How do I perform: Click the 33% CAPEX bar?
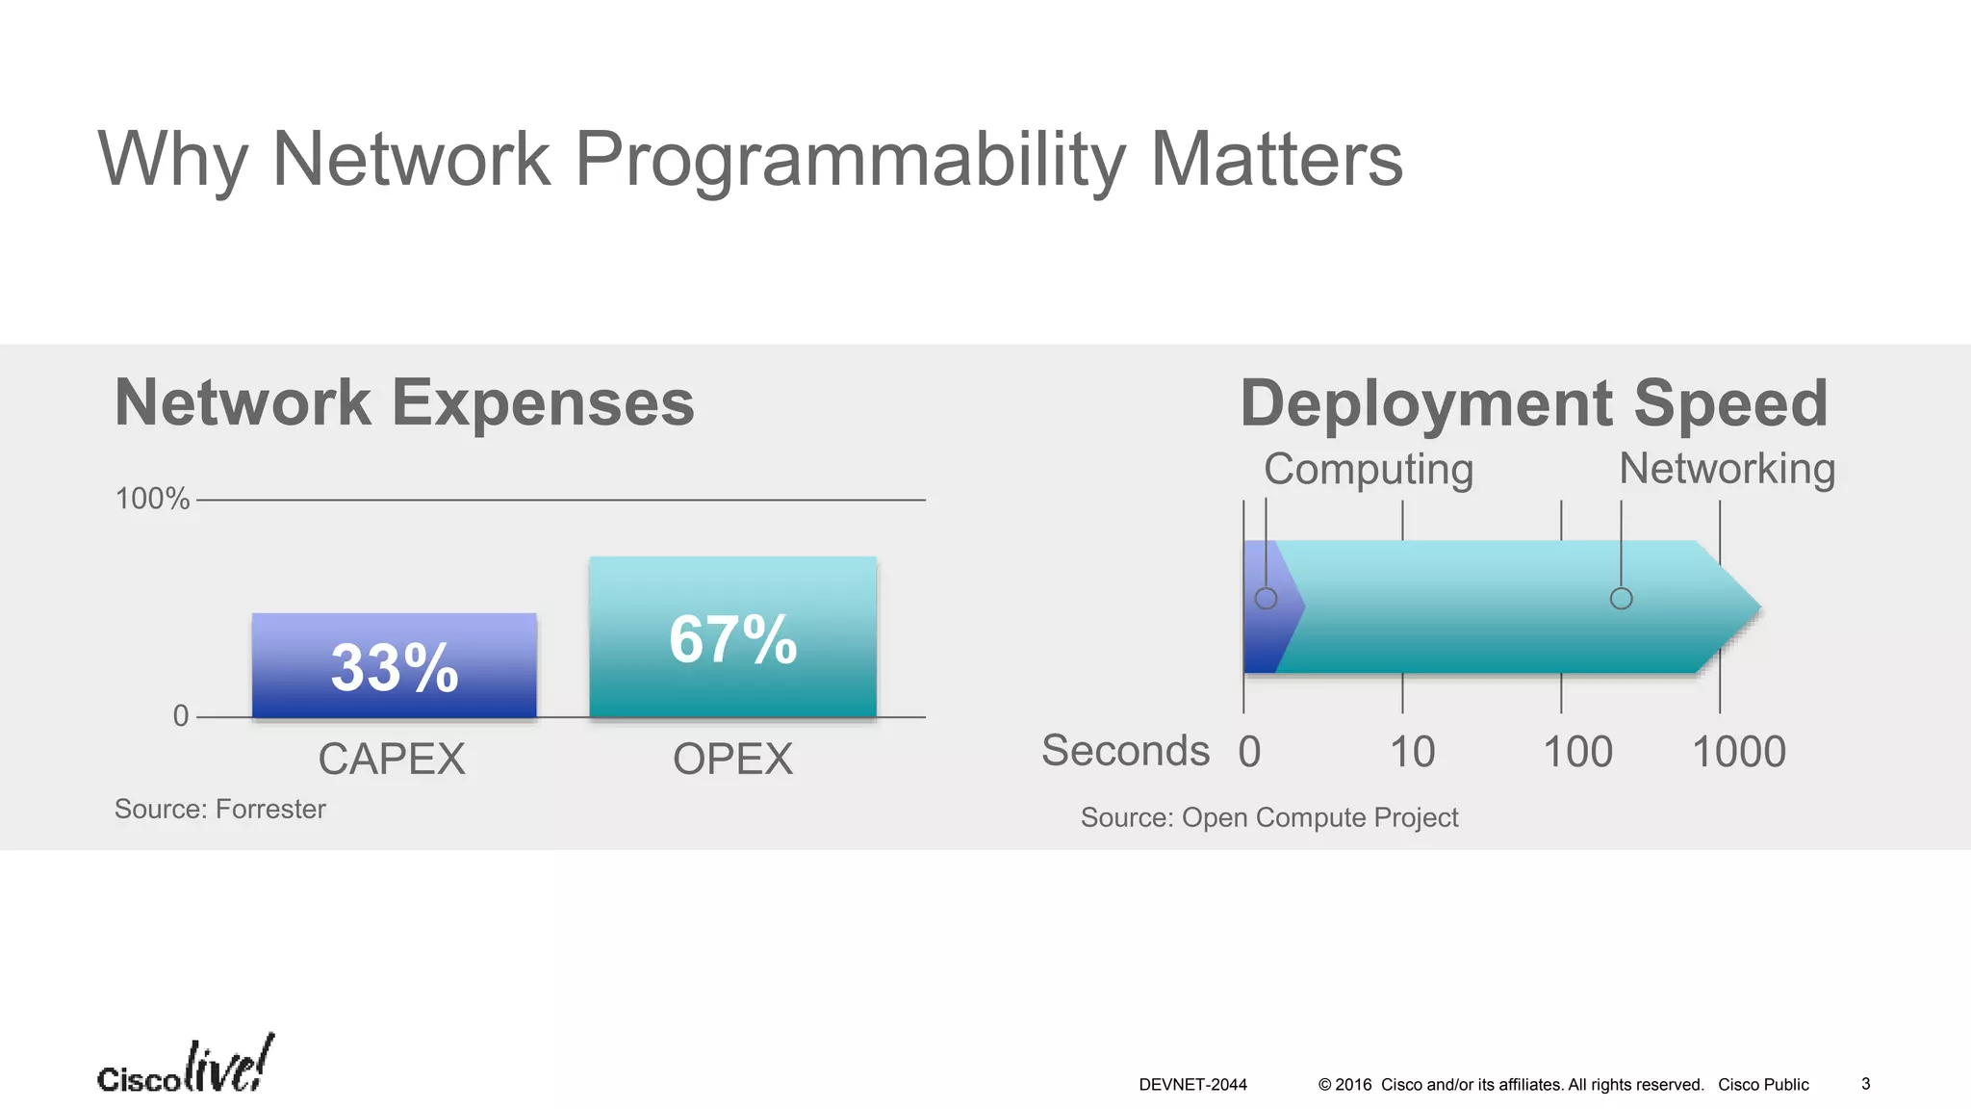(x=394, y=666)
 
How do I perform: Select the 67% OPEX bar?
(x=732, y=637)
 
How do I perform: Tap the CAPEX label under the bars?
(x=392, y=760)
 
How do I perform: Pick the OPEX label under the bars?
(x=732, y=760)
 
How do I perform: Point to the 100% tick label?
(x=152, y=499)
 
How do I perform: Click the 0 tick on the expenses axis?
(x=181, y=716)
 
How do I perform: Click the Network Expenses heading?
(x=404, y=402)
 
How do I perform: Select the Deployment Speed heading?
(x=1534, y=402)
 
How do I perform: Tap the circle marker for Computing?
(x=1266, y=599)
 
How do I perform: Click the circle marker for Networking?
(x=1621, y=599)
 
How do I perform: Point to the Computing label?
(x=1369, y=470)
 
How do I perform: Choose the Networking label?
(x=1728, y=469)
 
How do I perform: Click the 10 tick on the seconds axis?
(x=1412, y=752)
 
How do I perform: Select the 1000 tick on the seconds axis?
(x=1738, y=752)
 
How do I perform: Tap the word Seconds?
(x=1125, y=751)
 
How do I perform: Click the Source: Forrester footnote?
(x=220, y=810)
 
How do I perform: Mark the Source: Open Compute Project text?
(x=1269, y=818)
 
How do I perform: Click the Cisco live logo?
(x=186, y=1067)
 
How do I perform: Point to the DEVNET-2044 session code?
(x=1192, y=1085)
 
